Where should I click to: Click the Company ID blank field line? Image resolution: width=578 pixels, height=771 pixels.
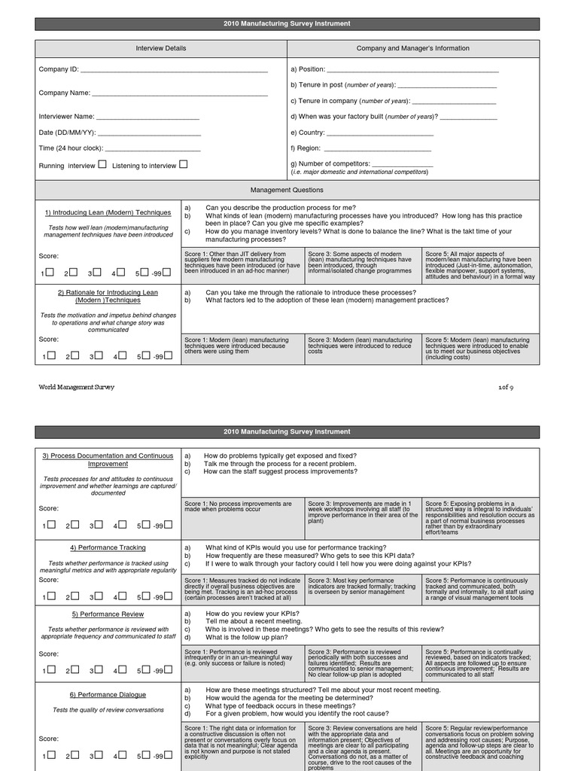point(174,70)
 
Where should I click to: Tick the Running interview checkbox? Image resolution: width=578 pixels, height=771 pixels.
point(102,164)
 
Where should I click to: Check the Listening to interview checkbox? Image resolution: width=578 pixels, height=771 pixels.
point(184,164)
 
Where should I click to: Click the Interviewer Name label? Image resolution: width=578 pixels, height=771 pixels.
point(67,117)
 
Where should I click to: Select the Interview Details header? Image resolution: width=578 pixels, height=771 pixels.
point(160,48)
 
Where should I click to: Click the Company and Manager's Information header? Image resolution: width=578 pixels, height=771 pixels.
point(412,48)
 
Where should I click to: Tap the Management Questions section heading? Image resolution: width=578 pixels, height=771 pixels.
point(287,190)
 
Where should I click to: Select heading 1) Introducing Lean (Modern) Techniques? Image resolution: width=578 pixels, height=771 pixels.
point(108,213)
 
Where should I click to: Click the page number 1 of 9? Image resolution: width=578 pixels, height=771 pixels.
point(506,387)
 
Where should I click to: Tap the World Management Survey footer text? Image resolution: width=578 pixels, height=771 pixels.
point(77,387)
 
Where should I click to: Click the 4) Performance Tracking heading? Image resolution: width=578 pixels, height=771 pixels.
point(108,547)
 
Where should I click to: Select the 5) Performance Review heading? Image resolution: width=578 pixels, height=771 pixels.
point(108,614)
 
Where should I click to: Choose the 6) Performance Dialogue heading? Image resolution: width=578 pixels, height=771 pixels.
point(108,694)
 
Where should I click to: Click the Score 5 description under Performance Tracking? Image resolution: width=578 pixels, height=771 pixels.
point(480,589)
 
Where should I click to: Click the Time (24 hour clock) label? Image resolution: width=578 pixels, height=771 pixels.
point(71,148)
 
